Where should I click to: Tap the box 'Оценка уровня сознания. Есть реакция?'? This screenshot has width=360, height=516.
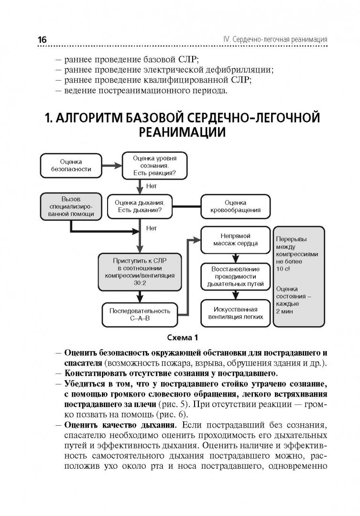pos(154,166)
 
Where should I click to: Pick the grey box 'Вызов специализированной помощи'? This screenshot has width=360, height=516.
pos(71,206)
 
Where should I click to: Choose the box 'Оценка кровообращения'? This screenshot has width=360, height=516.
pos(236,206)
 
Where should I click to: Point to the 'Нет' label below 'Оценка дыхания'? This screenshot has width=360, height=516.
pos(152,228)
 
